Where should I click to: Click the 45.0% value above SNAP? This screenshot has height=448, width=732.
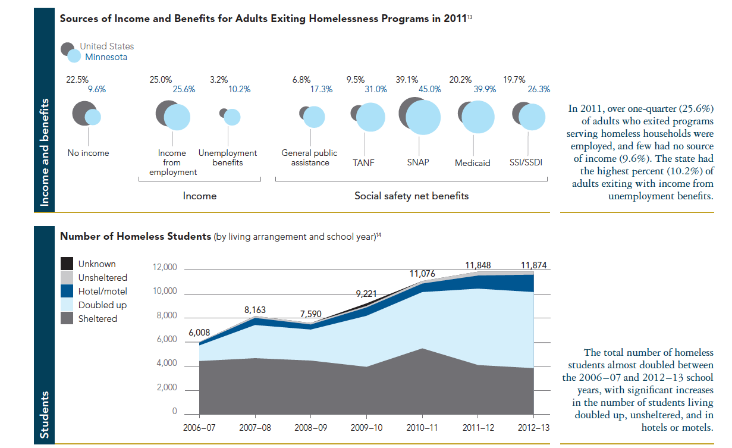[x=431, y=90]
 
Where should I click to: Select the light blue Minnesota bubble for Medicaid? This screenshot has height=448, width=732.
[x=479, y=117]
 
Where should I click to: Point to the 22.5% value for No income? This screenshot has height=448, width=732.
[x=77, y=79]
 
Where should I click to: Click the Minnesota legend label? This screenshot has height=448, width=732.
[x=106, y=57]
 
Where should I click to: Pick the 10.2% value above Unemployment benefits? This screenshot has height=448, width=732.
[x=239, y=90]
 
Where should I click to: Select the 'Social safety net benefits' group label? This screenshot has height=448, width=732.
[x=411, y=196]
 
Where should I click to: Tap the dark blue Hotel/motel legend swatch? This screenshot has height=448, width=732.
[x=68, y=292]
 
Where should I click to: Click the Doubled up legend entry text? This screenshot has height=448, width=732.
[x=102, y=305]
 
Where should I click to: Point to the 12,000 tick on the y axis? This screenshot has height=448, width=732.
[x=165, y=268]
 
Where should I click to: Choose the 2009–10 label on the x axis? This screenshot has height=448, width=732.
[x=367, y=428]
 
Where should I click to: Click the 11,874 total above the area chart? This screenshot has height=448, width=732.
[x=533, y=265]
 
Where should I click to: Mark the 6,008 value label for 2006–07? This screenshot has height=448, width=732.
[x=199, y=333]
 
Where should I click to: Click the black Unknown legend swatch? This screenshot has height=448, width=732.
[x=68, y=264]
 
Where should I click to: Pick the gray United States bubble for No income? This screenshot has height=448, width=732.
[x=81, y=112]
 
